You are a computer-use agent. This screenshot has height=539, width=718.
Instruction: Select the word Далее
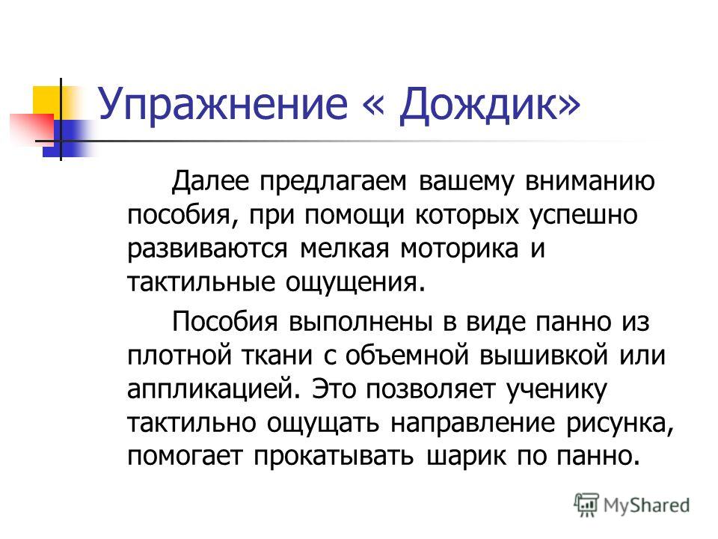210,181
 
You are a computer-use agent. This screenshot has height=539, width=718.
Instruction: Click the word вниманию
590,181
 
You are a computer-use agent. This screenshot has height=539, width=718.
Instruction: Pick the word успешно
583,216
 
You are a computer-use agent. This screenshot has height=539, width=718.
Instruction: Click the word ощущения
352,283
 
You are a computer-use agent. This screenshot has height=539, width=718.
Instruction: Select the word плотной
179,355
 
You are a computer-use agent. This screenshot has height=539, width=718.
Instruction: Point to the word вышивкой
544,355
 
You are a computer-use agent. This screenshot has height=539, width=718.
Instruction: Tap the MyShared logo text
646,506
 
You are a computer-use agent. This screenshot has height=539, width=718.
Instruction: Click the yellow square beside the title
47,101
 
